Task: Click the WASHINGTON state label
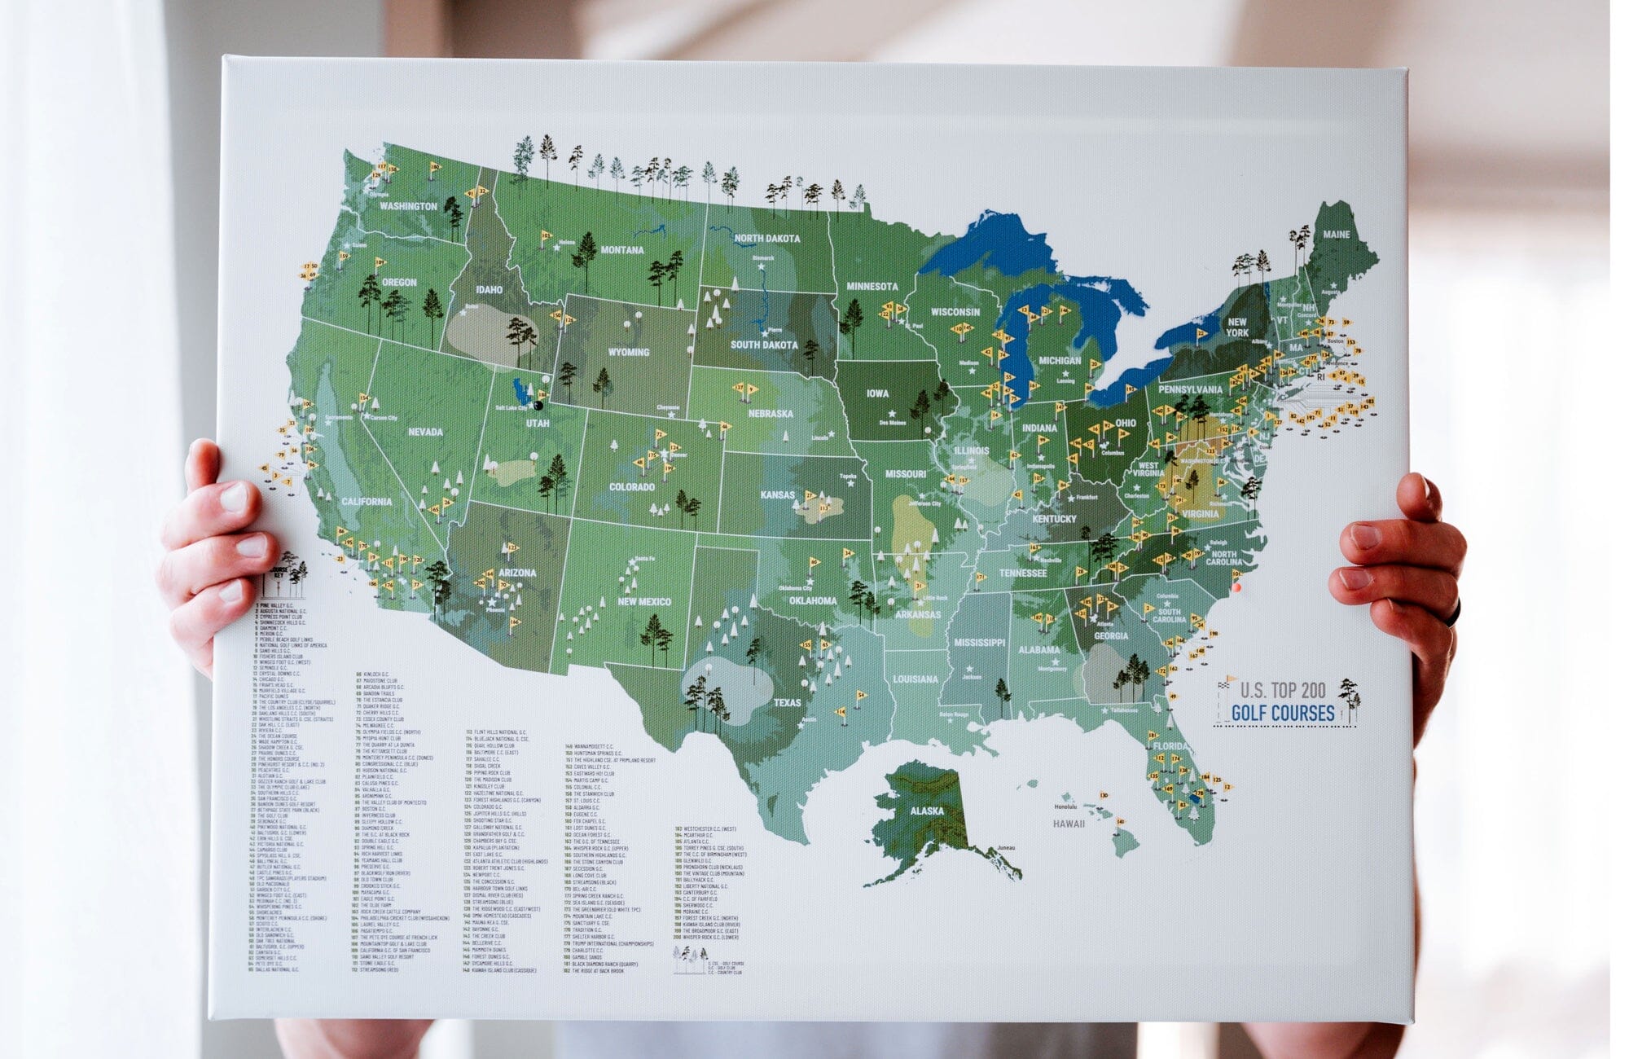408,206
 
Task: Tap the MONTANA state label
621,250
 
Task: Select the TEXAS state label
787,702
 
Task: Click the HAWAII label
1069,824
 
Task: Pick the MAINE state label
1336,235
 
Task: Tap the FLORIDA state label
1170,746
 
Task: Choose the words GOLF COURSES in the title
1282,714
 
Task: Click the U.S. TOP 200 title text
1282,691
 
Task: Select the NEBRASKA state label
770,414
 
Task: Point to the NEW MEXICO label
643,602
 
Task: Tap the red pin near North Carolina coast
1236,587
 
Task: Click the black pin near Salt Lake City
538,405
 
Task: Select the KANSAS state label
776,494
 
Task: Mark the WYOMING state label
628,353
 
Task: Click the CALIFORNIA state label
366,502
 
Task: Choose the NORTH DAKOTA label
766,239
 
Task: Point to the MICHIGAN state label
1059,360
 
